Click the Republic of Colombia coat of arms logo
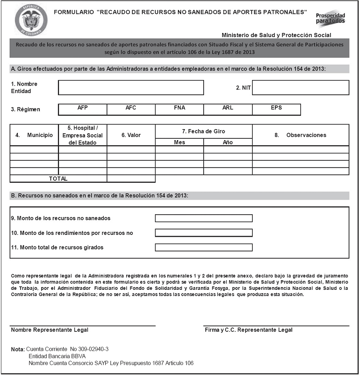31,20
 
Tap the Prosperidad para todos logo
330,18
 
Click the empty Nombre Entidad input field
131,87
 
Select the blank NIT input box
300,87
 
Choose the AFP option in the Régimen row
83,109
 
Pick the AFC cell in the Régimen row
131,109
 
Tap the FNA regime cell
179,109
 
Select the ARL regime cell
227,109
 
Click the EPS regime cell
276,109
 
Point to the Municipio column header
34,136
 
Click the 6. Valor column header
131,136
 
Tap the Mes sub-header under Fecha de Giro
179,142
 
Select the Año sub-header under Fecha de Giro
228,142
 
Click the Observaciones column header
301,136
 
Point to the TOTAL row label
58,179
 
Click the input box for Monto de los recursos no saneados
204,218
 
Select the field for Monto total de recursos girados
204,248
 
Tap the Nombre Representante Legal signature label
50,330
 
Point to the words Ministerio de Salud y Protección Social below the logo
276,35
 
